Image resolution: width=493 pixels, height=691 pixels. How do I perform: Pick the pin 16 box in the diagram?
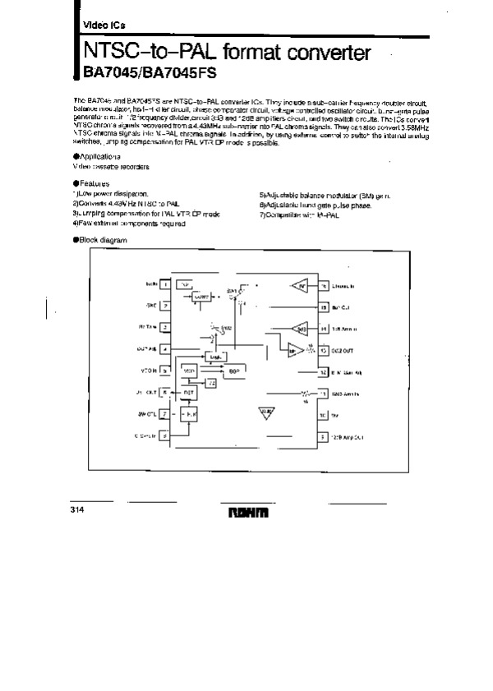coord(325,286)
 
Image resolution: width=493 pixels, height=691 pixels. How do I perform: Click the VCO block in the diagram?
coord(190,371)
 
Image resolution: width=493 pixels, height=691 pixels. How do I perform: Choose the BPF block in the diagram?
coord(233,371)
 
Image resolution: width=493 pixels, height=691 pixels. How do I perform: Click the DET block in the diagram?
coord(189,393)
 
